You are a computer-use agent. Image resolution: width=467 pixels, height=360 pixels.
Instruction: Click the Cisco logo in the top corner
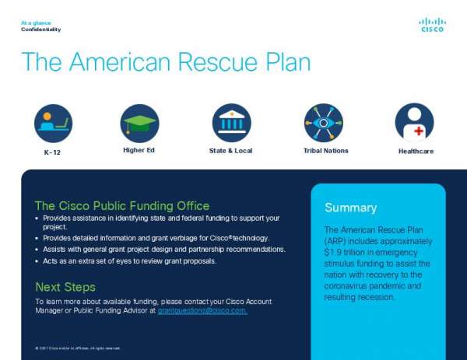click(x=432, y=25)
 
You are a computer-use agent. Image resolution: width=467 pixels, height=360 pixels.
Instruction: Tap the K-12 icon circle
click(x=53, y=123)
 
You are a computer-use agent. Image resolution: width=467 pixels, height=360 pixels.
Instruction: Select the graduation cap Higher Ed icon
click(x=139, y=123)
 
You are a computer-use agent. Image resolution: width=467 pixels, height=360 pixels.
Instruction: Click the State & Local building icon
click(x=231, y=123)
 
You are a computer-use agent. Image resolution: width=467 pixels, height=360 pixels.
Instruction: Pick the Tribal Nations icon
click(x=323, y=123)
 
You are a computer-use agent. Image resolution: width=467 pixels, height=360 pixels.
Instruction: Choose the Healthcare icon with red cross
click(x=414, y=123)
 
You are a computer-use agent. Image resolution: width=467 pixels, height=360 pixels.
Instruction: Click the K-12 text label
click(x=53, y=152)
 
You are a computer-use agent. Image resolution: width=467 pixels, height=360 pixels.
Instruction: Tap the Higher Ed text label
click(x=139, y=150)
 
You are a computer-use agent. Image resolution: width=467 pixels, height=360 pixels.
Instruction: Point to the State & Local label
click(x=230, y=151)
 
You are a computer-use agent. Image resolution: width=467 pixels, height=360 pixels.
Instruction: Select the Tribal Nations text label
click(x=325, y=151)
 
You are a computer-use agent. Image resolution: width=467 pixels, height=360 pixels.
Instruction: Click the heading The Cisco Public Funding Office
click(x=122, y=206)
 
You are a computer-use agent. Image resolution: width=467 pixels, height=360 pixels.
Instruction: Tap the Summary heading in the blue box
click(x=350, y=208)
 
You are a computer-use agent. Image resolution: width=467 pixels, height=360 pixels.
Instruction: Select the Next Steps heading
click(x=65, y=287)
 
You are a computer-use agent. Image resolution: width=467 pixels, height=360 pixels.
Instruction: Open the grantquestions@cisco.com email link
click(x=202, y=310)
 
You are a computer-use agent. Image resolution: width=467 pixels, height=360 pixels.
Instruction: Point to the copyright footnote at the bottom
click(x=78, y=348)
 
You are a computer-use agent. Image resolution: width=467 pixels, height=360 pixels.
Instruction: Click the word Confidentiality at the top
click(x=40, y=30)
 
